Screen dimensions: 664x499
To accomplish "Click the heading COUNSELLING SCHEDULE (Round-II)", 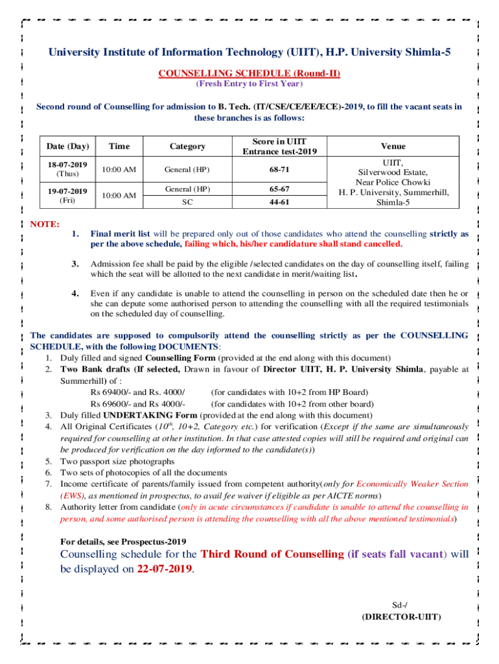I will point(250,73).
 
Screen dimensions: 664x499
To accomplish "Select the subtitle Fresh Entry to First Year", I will point(250,84).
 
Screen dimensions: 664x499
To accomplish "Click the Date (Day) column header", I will point(64,147).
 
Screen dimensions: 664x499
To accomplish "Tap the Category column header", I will point(187,147).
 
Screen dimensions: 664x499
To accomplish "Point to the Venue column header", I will point(393,147).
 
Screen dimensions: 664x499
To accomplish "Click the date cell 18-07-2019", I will point(64,165).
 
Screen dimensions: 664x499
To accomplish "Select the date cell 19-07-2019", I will point(64,191).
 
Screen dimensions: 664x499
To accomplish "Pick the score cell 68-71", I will point(280,169).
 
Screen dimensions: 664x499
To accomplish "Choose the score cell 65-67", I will point(280,189).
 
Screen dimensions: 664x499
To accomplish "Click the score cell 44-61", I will point(280,202).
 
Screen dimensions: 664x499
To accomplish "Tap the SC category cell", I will point(187,202).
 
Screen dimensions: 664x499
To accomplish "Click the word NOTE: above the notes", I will point(45,224).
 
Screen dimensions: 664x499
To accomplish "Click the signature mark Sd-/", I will point(401,604).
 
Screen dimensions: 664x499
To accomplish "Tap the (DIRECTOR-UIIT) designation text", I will point(401,616).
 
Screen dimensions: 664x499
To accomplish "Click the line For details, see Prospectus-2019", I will point(123,541).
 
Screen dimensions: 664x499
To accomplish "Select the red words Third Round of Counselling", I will point(273,554).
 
